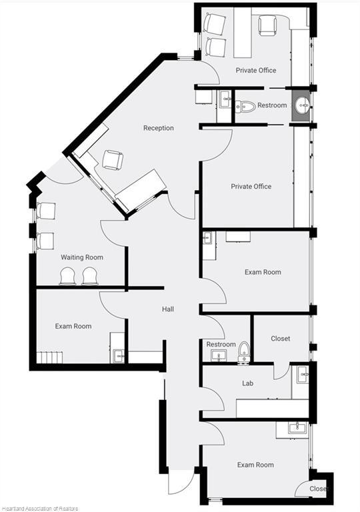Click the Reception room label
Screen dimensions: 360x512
coord(159,128)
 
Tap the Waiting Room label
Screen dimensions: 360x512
coord(82,257)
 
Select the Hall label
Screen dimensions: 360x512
coord(168,309)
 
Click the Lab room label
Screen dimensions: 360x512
coord(247,383)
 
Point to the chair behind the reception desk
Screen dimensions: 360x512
coord(113,160)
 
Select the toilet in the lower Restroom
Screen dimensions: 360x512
coord(244,351)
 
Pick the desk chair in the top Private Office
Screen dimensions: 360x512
coord(267,25)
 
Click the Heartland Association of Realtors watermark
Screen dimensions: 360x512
coord(39,509)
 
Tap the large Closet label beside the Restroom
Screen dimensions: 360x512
coord(280,339)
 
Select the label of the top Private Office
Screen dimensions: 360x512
coord(256,70)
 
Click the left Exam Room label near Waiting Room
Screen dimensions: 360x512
coord(73,326)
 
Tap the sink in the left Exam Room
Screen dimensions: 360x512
coord(117,355)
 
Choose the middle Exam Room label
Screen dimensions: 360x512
coord(263,272)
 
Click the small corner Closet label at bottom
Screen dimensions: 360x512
coord(319,489)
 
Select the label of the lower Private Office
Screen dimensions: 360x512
coord(251,187)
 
